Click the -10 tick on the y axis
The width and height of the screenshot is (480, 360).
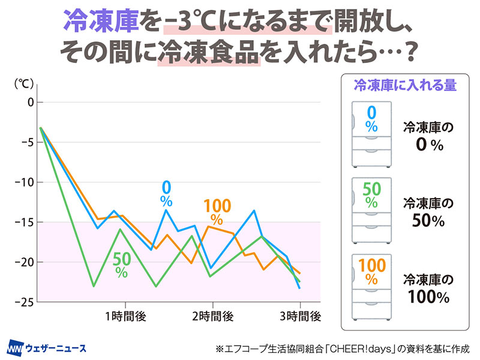(26, 182)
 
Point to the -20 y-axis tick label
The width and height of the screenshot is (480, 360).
(26, 262)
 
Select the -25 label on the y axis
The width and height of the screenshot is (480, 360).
(26, 302)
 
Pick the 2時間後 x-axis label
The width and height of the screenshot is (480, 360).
(212, 316)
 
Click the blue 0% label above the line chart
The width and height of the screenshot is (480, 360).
(166, 191)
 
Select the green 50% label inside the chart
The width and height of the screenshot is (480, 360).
(121, 265)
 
